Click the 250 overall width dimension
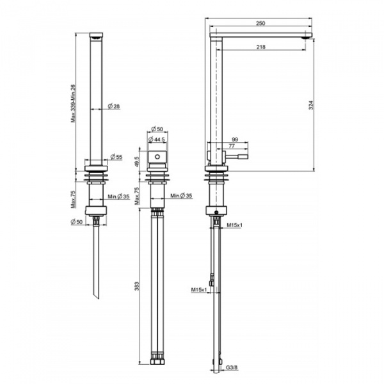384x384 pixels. (x=260, y=23)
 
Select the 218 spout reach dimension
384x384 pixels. (x=261, y=47)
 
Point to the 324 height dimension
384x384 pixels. (x=311, y=105)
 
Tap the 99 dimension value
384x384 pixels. (x=235, y=140)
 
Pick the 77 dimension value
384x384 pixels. (x=232, y=146)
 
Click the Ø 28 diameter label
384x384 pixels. (x=114, y=106)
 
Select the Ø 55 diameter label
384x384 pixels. (x=116, y=157)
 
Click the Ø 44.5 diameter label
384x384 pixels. (x=157, y=140)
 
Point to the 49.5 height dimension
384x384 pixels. (x=137, y=162)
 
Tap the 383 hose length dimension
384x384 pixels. (x=137, y=286)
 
